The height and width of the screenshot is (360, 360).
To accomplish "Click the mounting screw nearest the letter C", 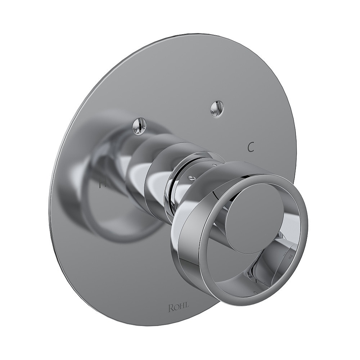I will coord(217,108).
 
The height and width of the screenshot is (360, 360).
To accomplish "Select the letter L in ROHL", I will coord(188,308).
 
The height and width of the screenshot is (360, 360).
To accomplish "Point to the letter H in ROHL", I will coord(182,308).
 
